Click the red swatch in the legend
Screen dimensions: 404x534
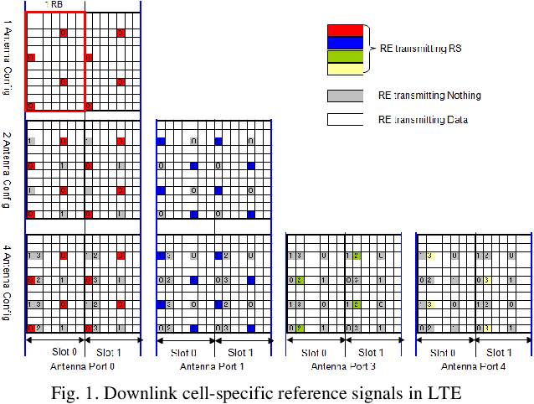coord(344,30)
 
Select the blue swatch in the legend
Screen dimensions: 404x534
coord(344,43)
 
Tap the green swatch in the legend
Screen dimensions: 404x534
coord(344,56)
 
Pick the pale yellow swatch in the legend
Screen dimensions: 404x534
coord(344,70)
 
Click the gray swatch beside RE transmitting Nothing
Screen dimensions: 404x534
coord(344,96)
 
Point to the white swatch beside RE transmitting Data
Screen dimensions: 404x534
coord(344,120)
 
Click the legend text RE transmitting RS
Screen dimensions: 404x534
coord(421,49)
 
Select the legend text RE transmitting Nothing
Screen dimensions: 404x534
coord(429,96)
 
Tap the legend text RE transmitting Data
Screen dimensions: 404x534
coord(423,121)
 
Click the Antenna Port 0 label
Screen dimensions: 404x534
coord(83,366)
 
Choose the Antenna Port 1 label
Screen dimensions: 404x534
coord(213,366)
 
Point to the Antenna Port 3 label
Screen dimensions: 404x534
coord(343,366)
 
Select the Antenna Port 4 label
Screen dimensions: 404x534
coord(474,366)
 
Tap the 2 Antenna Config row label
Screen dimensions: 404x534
coord(8,170)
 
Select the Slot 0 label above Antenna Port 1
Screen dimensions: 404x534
coord(185,353)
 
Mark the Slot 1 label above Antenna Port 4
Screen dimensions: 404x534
coord(499,353)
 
